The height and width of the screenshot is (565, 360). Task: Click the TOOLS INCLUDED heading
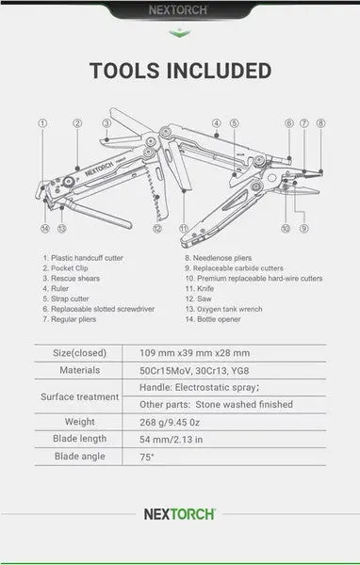(180, 71)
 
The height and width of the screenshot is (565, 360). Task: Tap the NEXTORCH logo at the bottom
(180, 515)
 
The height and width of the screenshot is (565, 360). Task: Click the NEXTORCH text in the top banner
(180, 12)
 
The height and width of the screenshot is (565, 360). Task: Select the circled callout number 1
(43, 122)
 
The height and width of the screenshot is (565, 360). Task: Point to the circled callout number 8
(320, 122)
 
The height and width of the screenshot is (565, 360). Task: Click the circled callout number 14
(43, 228)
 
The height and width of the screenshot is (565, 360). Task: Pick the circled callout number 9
(303, 228)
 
